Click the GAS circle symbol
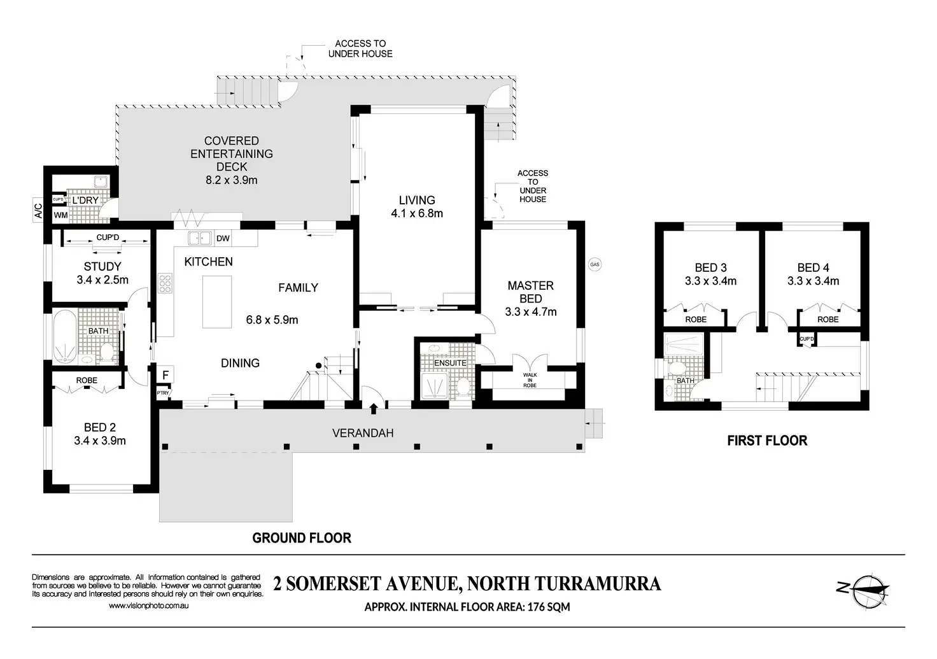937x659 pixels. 595,264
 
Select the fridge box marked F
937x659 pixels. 166,375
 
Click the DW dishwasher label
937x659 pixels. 223,239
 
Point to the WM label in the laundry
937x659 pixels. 60,215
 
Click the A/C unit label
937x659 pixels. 38,211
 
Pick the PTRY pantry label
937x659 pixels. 163,393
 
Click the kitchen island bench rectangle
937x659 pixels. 217,302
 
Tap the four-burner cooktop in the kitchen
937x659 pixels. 166,283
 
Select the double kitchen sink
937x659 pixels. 199,238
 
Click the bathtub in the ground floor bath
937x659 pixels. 65,336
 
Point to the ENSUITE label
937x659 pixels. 450,363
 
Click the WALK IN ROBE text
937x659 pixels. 530,380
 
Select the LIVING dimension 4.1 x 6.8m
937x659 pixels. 417,213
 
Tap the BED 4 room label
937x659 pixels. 813,267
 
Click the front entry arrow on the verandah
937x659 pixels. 374,408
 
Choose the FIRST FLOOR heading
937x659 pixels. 767,441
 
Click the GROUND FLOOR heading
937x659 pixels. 302,537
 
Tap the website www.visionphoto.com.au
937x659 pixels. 148,606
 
